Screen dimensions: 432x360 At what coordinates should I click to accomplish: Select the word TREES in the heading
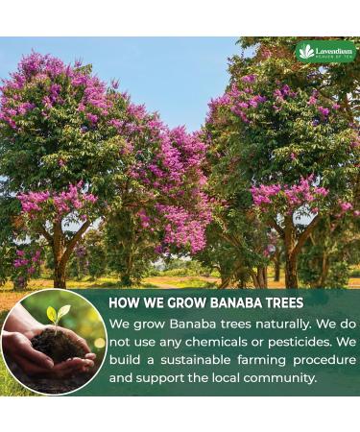[278, 301]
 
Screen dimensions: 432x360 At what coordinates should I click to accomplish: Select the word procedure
[320, 360]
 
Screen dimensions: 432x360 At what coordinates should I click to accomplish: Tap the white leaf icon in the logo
[307, 51]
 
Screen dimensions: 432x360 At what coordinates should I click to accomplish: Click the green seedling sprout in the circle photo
[57, 315]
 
